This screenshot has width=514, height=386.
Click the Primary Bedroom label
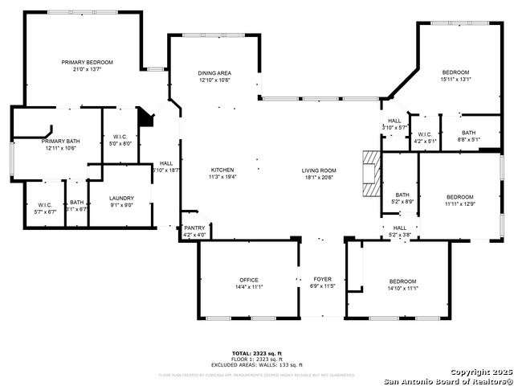pyautogui.click(x=88, y=62)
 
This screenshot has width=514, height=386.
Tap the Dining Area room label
pyautogui.click(x=214, y=73)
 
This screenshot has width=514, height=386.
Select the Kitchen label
pyautogui.click(x=222, y=170)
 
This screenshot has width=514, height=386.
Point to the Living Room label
pyautogui.click(x=319, y=170)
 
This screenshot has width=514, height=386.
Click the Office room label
pyautogui.click(x=248, y=280)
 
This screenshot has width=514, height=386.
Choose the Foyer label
pyautogui.click(x=322, y=280)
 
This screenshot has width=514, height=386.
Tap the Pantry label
pyautogui.click(x=194, y=228)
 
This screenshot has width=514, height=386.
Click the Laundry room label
pyautogui.click(x=121, y=198)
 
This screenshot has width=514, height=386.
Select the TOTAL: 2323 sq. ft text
pyautogui.click(x=256, y=353)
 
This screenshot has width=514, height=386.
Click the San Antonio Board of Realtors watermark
pyautogui.click(x=447, y=380)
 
